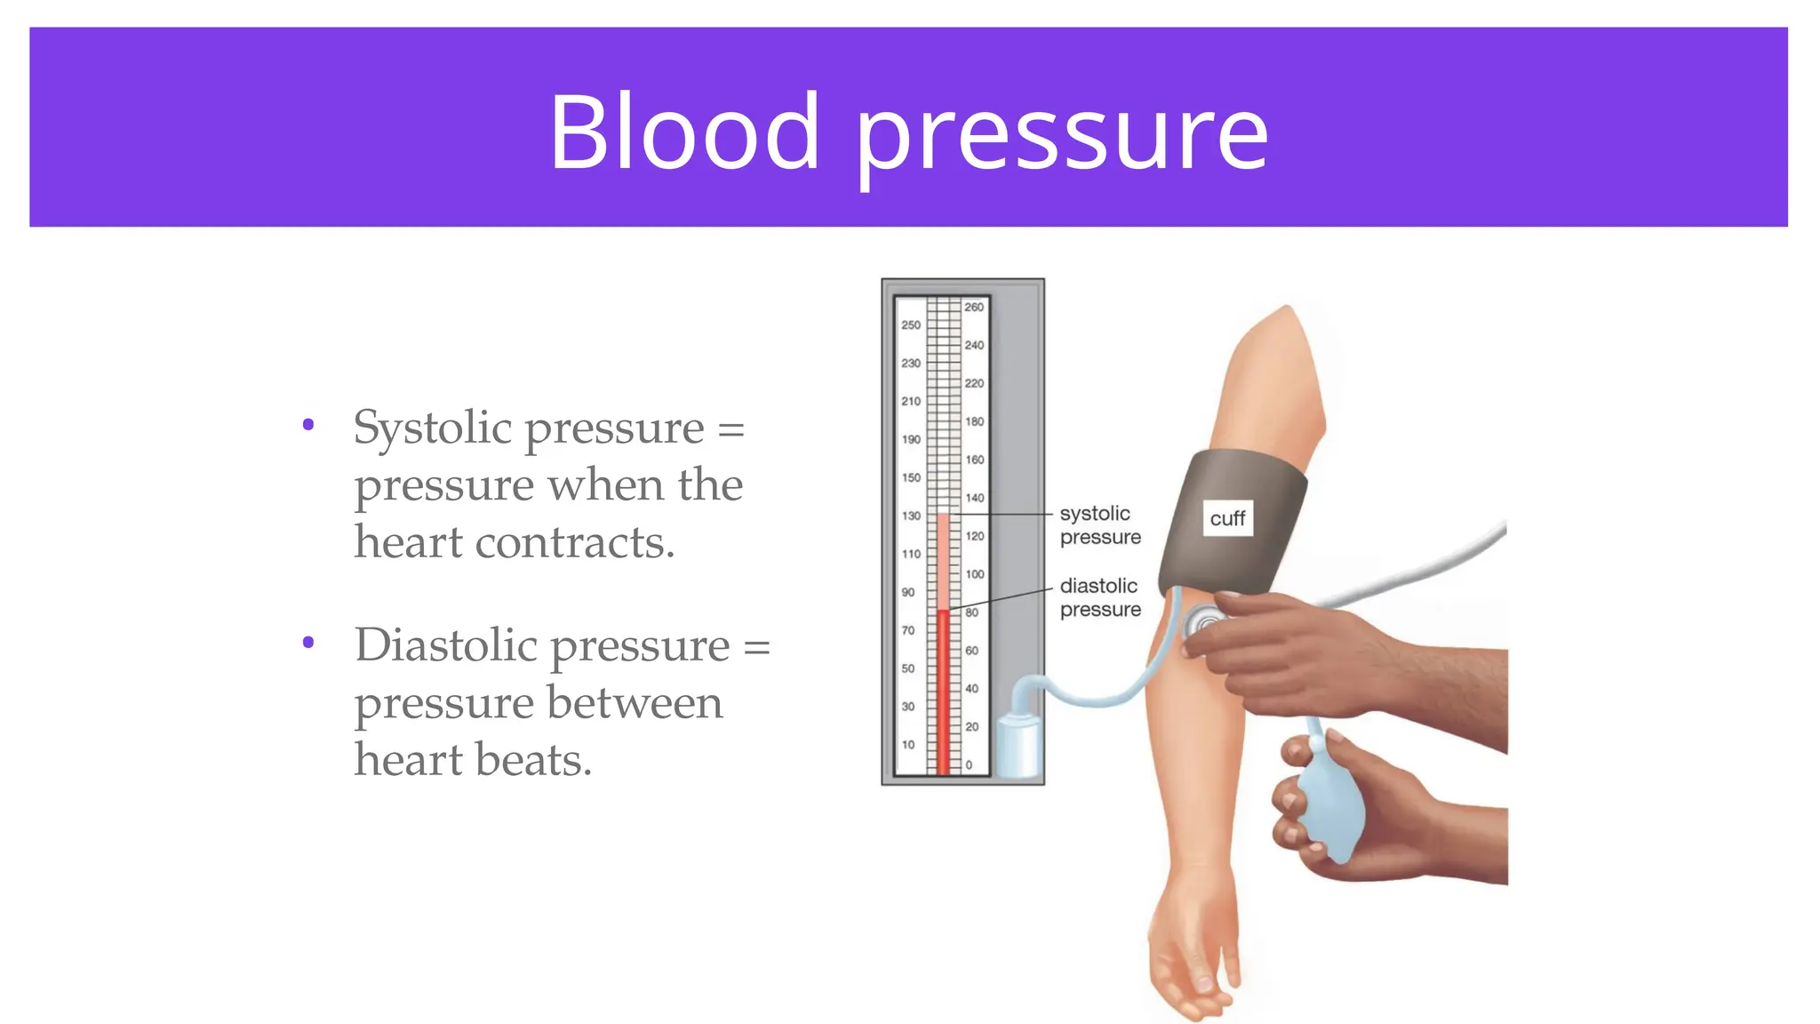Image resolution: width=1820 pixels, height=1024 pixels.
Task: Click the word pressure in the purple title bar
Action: [1062, 135]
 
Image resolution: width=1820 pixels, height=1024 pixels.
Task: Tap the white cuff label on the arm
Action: [1227, 518]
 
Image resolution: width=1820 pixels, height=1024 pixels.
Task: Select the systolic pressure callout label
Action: [1099, 525]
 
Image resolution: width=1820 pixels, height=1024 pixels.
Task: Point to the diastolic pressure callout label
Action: [1099, 597]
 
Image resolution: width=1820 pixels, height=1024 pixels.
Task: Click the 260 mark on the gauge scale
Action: [974, 307]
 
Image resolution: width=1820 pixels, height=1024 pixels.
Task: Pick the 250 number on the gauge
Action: [911, 325]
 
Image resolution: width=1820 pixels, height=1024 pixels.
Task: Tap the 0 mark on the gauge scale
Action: [969, 764]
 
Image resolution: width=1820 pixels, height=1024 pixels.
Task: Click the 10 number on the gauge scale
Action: [907, 745]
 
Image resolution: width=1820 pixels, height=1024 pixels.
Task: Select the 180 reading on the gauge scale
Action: [974, 421]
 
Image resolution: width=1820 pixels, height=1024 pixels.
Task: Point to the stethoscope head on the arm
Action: [1203, 622]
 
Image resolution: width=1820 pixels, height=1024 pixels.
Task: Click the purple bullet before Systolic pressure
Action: [308, 425]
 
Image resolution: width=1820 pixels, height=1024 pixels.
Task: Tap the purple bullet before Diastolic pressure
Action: [308, 642]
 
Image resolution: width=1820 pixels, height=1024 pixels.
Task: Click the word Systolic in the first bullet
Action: [432, 428]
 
